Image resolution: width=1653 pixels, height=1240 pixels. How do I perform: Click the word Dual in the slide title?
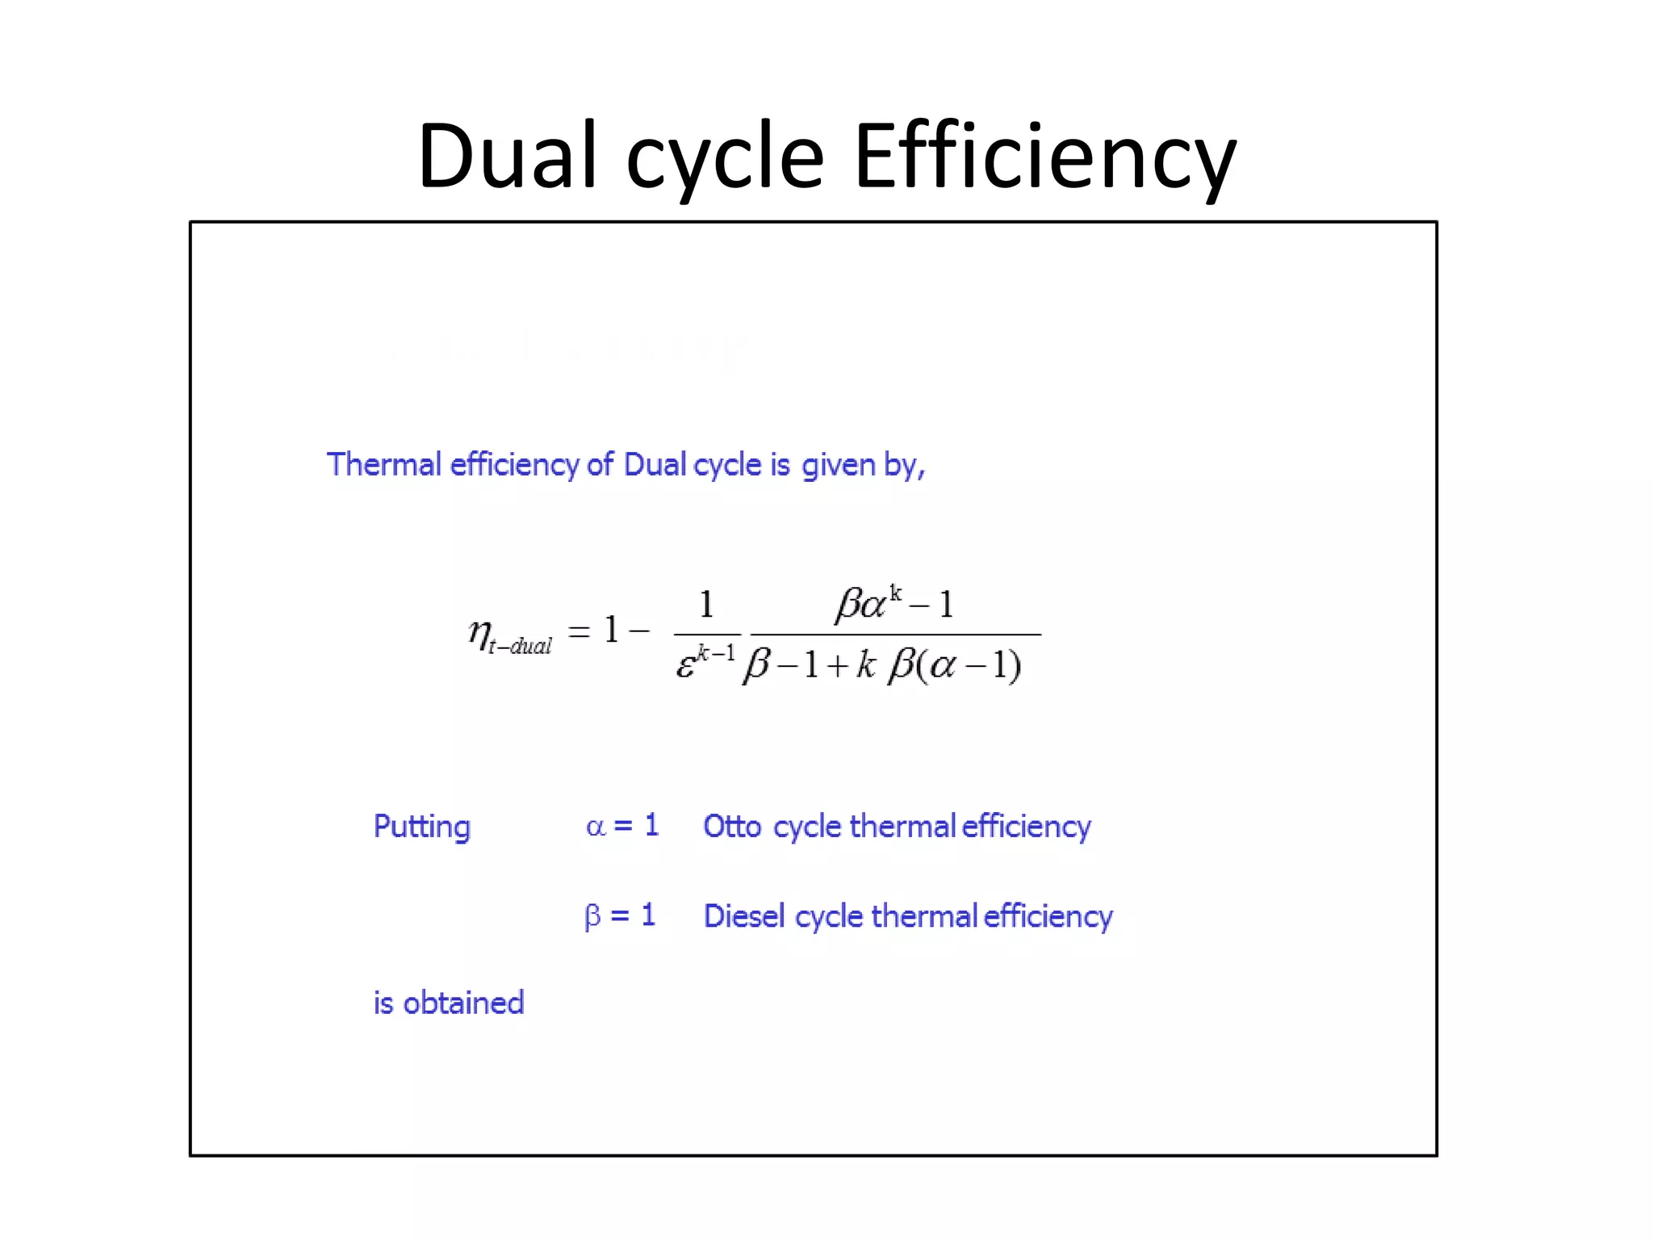click(507, 155)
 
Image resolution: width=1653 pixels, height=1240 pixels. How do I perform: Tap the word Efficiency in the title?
click(1044, 155)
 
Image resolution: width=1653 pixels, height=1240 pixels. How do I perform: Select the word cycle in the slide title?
click(725, 158)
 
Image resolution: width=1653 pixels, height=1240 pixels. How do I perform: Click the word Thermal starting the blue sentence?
click(383, 465)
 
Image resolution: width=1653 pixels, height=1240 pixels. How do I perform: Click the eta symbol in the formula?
click(479, 632)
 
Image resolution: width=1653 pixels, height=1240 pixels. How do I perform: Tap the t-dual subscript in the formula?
click(521, 647)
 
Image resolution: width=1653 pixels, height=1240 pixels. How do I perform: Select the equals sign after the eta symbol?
click(579, 630)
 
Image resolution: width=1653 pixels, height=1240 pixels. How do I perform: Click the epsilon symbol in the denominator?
click(685, 666)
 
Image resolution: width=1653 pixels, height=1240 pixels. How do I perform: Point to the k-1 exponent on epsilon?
click(716, 652)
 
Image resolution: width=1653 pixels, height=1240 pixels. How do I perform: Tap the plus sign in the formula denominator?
click(837, 666)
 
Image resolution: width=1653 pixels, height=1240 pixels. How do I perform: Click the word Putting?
click(421, 827)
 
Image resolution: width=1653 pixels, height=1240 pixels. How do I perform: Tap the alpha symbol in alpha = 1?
click(595, 827)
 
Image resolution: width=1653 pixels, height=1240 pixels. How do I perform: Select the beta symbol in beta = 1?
click(592, 917)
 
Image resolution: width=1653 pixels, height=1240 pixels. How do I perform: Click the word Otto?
click(732, 827)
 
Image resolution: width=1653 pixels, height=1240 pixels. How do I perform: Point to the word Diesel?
click(743, 916)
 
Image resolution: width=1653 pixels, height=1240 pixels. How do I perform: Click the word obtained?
click(463, 1003)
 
